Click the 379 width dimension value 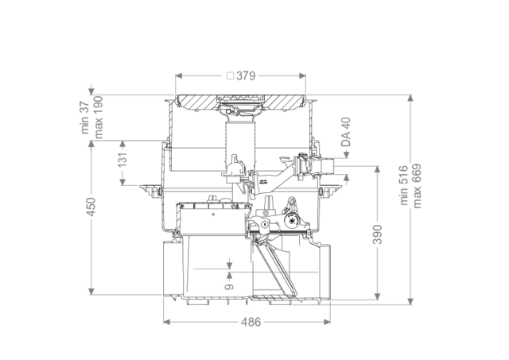[246, 75]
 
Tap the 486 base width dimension [251, 322]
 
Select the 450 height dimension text [91, 207]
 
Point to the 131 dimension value [122, 161]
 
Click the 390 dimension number [377, 234]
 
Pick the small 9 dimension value [230, 287]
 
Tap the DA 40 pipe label [346, 132]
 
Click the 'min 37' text [84, 118]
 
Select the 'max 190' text [98, 117]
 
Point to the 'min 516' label [403, 185]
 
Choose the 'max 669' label [417, 186]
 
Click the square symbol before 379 [230, 75]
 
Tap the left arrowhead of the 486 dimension [166, 322]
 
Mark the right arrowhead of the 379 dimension [302, 75]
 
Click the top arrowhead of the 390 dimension [377, 169]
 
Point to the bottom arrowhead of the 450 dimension [91, 291]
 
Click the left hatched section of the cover [196, 102]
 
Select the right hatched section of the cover [285, 102]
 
